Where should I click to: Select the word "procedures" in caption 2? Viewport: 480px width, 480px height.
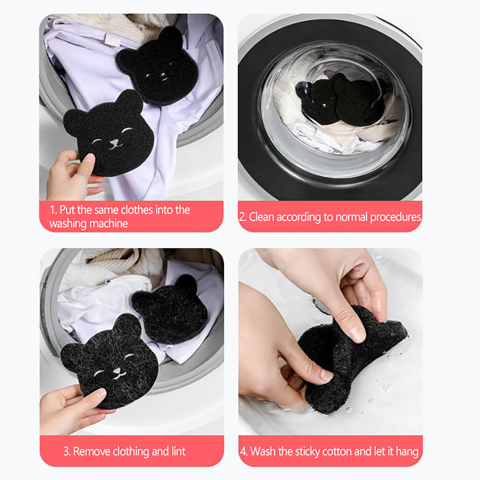coord(395,217)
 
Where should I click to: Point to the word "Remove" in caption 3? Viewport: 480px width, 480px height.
coord(92,451)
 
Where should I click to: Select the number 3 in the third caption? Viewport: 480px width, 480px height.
coord(66,451)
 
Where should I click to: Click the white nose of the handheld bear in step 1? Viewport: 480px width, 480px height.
coord(113,142)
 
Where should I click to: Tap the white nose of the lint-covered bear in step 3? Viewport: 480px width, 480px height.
coord(116,371)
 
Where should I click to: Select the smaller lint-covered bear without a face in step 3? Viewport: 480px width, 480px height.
coord(170,309)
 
